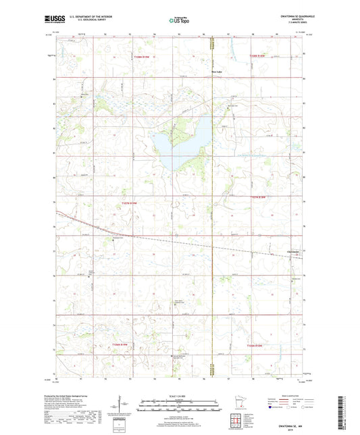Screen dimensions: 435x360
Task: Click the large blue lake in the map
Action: (x=178, y=145)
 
